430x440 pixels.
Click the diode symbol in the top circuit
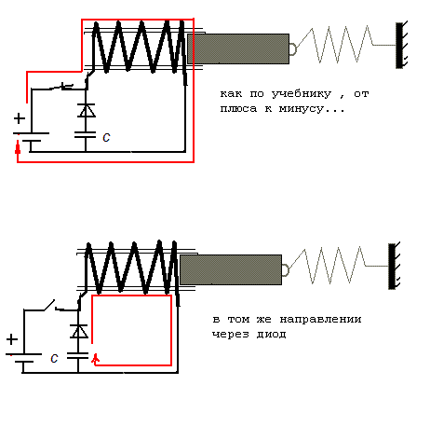[x=87, y=110]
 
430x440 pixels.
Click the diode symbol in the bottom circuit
[x=79, y=331]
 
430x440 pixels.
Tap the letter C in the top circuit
[x=106, y=137]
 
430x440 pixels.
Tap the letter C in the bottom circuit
[x=54, y=358]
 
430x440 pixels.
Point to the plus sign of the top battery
[x=20, y=118]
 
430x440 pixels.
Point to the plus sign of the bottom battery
[x=12, y=339]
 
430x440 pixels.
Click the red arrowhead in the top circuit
[x=18, y=147]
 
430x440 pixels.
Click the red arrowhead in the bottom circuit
[x=96, y=359]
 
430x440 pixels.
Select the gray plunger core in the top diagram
[x=238, y=48]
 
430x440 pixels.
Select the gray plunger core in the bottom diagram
[x=231, y=269]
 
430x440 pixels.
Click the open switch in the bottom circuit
[x=49, y=305]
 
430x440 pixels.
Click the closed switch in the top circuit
[x=61, y=87]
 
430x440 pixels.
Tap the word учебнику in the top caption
[x=302, y=93]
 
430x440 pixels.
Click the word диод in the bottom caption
[x=271, y=335]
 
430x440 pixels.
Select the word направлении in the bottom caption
[x=320, y=319]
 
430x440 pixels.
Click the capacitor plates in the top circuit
[x=85, y=134]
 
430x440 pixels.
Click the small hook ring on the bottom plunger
[x=286, y=269]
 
